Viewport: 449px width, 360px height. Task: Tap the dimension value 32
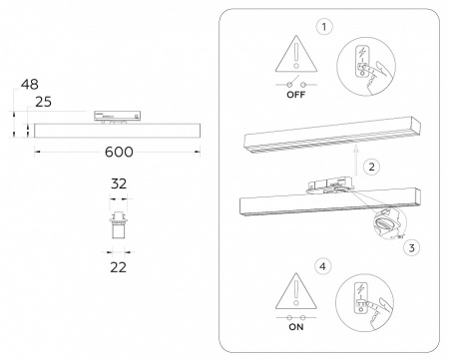pyautogui.click(x=118, y=183)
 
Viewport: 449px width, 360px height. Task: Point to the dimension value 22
pyautogui.click(x=118, y=266)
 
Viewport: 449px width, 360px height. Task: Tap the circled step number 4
pyautogui.click(x=321, y=267)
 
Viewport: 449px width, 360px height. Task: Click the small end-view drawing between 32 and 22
pyautogui.click(x=118, y=224)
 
